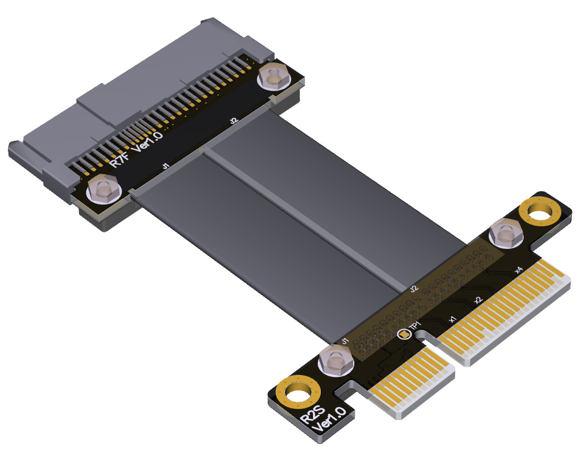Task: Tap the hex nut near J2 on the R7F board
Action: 272,76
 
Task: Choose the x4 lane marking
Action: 518,269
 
